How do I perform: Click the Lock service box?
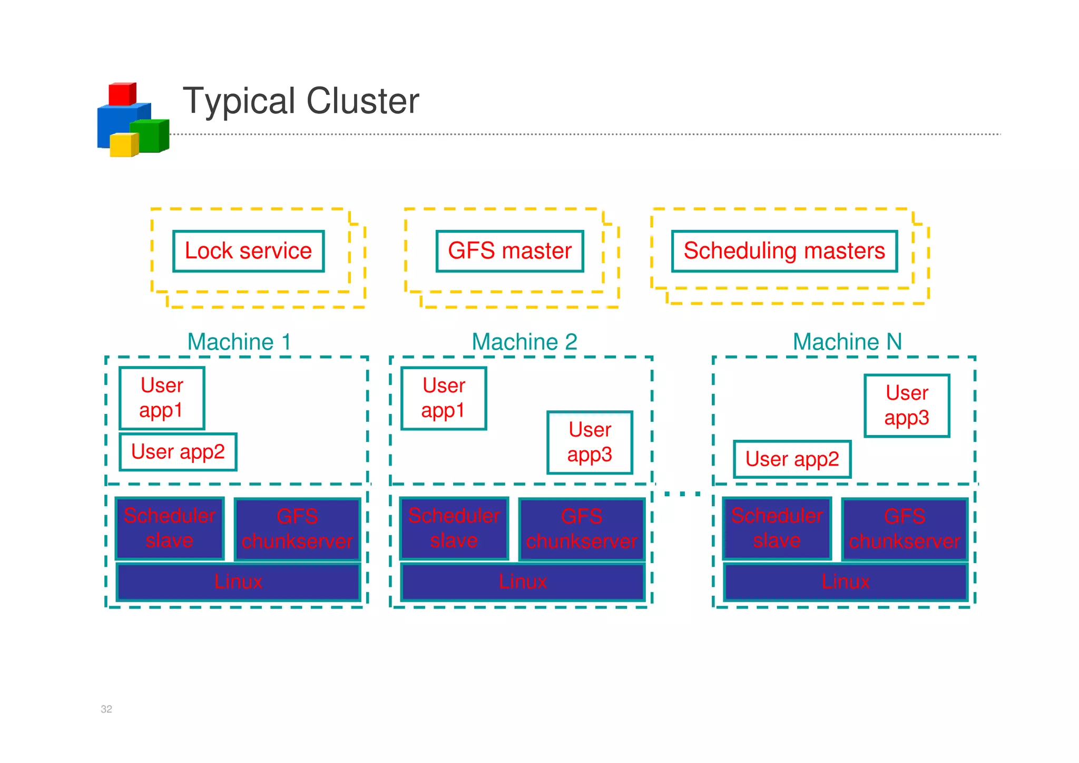click(248, 251)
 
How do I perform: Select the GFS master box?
click(509, 251)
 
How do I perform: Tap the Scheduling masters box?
click(784, 251)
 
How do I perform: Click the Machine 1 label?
click(239, 342)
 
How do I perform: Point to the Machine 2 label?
click(524, 342)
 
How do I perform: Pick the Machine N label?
click(847, 342)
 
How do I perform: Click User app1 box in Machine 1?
click(162, 398)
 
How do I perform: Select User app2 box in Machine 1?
click(178, 452)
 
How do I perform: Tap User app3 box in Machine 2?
click(590, 442)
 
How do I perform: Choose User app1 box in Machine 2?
click(444, 398)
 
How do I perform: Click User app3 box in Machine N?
click(907, 405)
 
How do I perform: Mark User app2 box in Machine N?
click(792, 459)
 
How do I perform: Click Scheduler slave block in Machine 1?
click(170, 528)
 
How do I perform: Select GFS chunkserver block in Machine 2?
click(582, 529)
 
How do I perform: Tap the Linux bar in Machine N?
click(846, 582)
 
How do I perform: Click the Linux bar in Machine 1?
click(238, 582)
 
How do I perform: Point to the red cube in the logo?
click(122, 94)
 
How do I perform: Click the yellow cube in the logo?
click(123, 145)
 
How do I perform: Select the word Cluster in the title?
click(362, 101)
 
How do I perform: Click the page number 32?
click(106, 709)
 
